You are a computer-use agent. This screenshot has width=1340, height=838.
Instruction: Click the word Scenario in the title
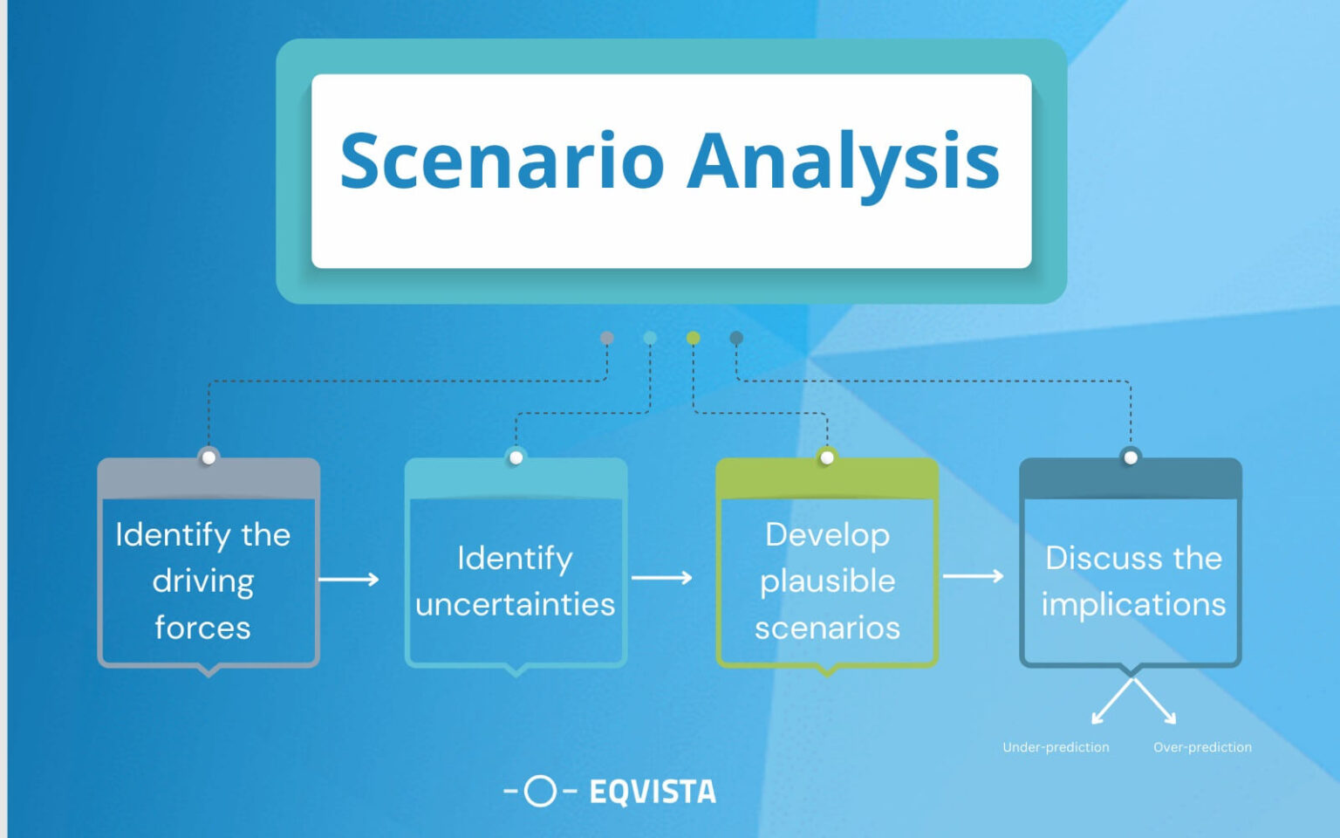(x=502, y=161)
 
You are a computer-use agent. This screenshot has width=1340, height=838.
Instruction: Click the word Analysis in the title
(x=843, y=161)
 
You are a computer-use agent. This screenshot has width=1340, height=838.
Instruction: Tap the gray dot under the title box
(x=607, y=338)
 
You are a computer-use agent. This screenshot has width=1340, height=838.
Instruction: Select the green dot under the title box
(x=693, y=338)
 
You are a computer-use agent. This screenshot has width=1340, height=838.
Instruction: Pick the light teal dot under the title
(x=650, y=338)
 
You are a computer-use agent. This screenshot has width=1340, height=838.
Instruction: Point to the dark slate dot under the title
(x=736, y=338)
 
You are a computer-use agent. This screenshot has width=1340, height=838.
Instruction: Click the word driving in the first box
(x=203, y=581)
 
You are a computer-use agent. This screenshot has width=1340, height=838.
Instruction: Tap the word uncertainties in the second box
(x=516, y=604)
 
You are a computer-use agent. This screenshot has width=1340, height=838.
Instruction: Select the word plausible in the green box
(x=827, y=581)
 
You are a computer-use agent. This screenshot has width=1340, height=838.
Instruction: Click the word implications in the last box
(x=1133, y=604)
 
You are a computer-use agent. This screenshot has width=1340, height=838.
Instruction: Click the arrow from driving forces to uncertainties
(x=349, y=579)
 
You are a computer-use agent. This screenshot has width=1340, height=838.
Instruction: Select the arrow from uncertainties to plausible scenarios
(x=661, y=577)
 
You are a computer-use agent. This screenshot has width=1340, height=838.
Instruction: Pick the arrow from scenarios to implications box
(x=973, y=575)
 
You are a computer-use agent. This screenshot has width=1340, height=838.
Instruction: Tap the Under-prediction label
(x=1056, y=747)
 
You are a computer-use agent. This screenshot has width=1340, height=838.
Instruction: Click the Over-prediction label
(x=1202, y=747)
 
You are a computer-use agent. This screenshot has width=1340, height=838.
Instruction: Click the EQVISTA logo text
(x=653, y=792)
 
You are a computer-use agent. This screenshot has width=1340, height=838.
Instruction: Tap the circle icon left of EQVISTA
(x=540, y=791)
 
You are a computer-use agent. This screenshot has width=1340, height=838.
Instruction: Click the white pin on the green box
(x=827, y=457)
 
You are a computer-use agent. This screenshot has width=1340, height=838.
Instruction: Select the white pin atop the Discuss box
(x=1131, y=457)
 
